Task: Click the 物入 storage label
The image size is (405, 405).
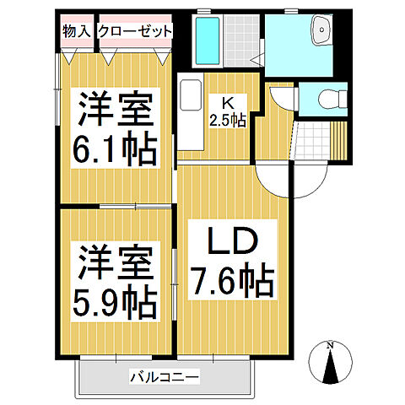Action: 77,31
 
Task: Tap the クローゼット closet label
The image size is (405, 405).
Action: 135,31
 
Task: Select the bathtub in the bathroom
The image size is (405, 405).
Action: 207,38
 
